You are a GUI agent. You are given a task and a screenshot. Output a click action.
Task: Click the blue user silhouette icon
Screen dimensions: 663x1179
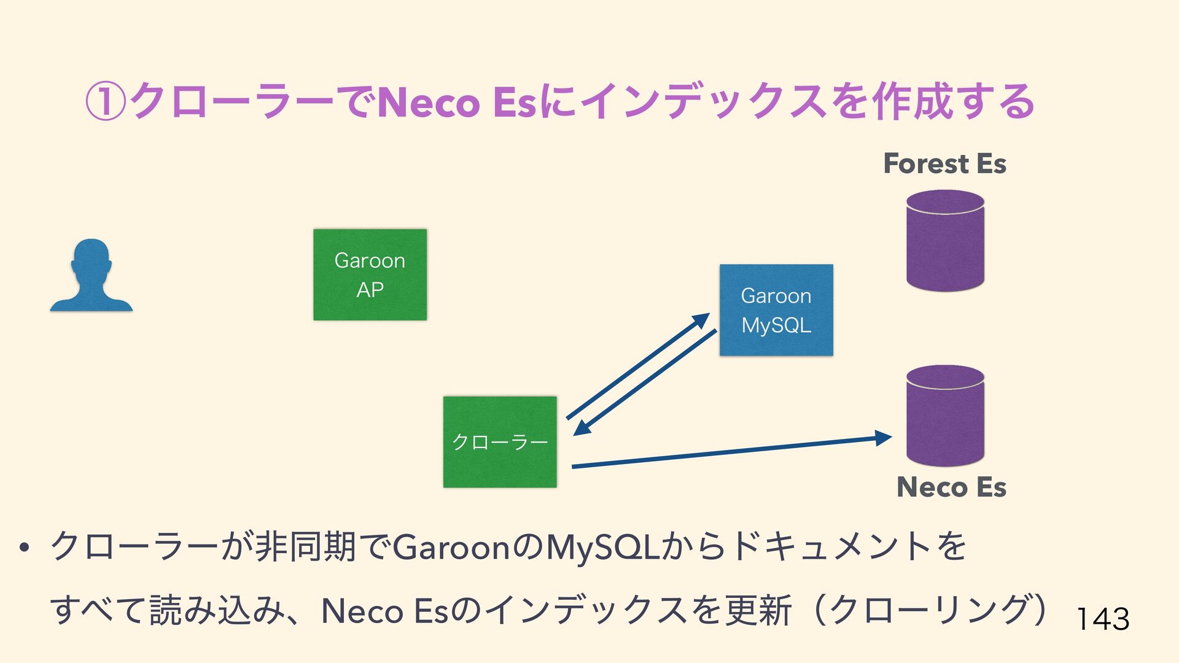click(x=91, y=276)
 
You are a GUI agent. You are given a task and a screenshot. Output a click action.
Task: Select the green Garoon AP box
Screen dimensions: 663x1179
click(x=370, y=274)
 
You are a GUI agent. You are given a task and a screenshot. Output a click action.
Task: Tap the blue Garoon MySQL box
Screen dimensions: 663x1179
click(x=776, y=310)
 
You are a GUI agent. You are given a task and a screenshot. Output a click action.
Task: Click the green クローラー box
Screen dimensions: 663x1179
click(x=500, y=442)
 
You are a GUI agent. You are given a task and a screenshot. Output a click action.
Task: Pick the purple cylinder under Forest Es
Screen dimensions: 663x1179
click(x=945, y=240)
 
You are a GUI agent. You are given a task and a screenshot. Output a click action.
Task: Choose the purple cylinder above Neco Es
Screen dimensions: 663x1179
click(x=945, y=416)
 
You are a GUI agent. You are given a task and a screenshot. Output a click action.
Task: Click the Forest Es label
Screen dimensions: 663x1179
click(x=944, y=164)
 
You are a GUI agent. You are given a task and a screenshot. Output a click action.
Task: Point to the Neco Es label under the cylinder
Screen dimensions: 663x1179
click(x=951, y=487)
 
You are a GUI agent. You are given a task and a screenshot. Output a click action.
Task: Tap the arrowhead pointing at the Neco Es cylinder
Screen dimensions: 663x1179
click(x=883, y=438)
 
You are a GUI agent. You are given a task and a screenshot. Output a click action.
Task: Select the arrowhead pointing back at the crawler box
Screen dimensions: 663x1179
click(x=581, y=428)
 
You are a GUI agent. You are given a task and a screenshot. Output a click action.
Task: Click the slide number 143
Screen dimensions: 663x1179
click(x=1103, y=619)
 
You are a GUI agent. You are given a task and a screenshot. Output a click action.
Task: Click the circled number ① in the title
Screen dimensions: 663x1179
click(x=105, y=102)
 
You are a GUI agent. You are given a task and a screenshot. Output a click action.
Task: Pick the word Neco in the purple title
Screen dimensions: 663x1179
click(x=428, y=103)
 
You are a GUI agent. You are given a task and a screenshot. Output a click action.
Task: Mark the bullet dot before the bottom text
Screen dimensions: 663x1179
click(x=25, y=548)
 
